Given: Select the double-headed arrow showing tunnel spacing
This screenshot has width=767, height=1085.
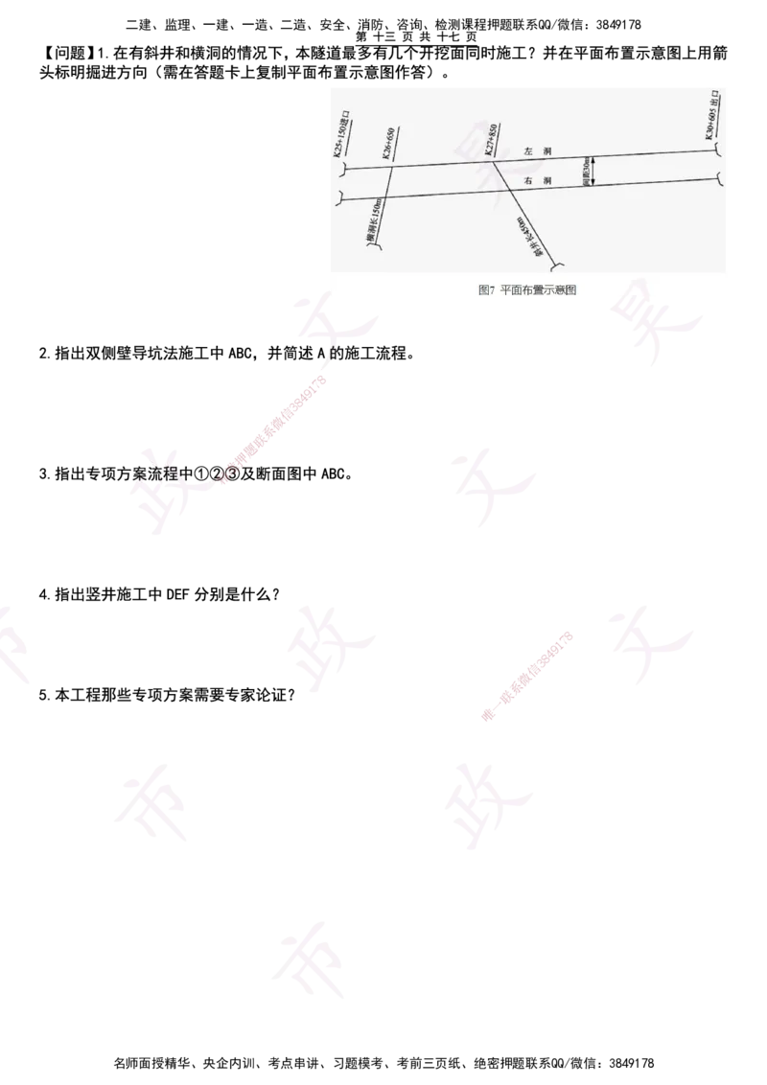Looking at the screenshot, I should (x=594, y=172).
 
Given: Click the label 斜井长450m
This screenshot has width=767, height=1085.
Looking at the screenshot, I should (x=527, y=238).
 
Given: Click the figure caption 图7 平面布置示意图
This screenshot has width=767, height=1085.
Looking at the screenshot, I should (x=527, y=289).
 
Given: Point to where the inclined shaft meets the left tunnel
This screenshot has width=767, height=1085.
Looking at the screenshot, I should (x=493, y=162).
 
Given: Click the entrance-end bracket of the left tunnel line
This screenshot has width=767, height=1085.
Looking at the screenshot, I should (x=339, y=170).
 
